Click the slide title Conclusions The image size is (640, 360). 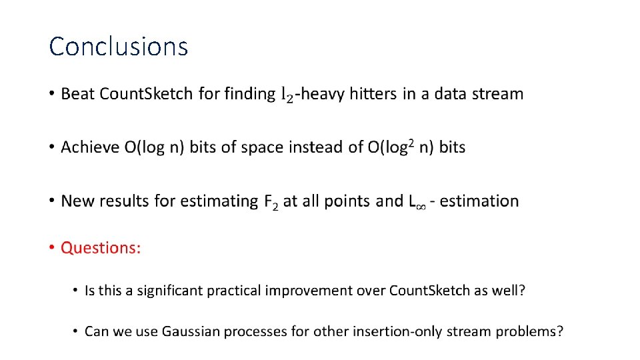point(119,47)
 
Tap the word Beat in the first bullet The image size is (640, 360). point(78,94)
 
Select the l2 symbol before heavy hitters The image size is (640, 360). point(285,95)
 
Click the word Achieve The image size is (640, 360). point(89,147)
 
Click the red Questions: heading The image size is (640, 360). point(101,248)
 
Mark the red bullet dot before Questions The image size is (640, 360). point(52,248)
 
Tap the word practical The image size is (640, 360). point(235,291)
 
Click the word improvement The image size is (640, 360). point(311,291)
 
